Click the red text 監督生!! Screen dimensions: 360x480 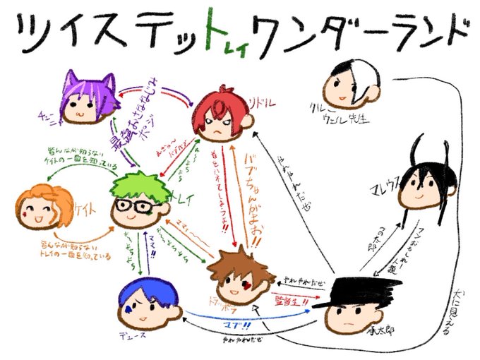pos(291,300)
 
